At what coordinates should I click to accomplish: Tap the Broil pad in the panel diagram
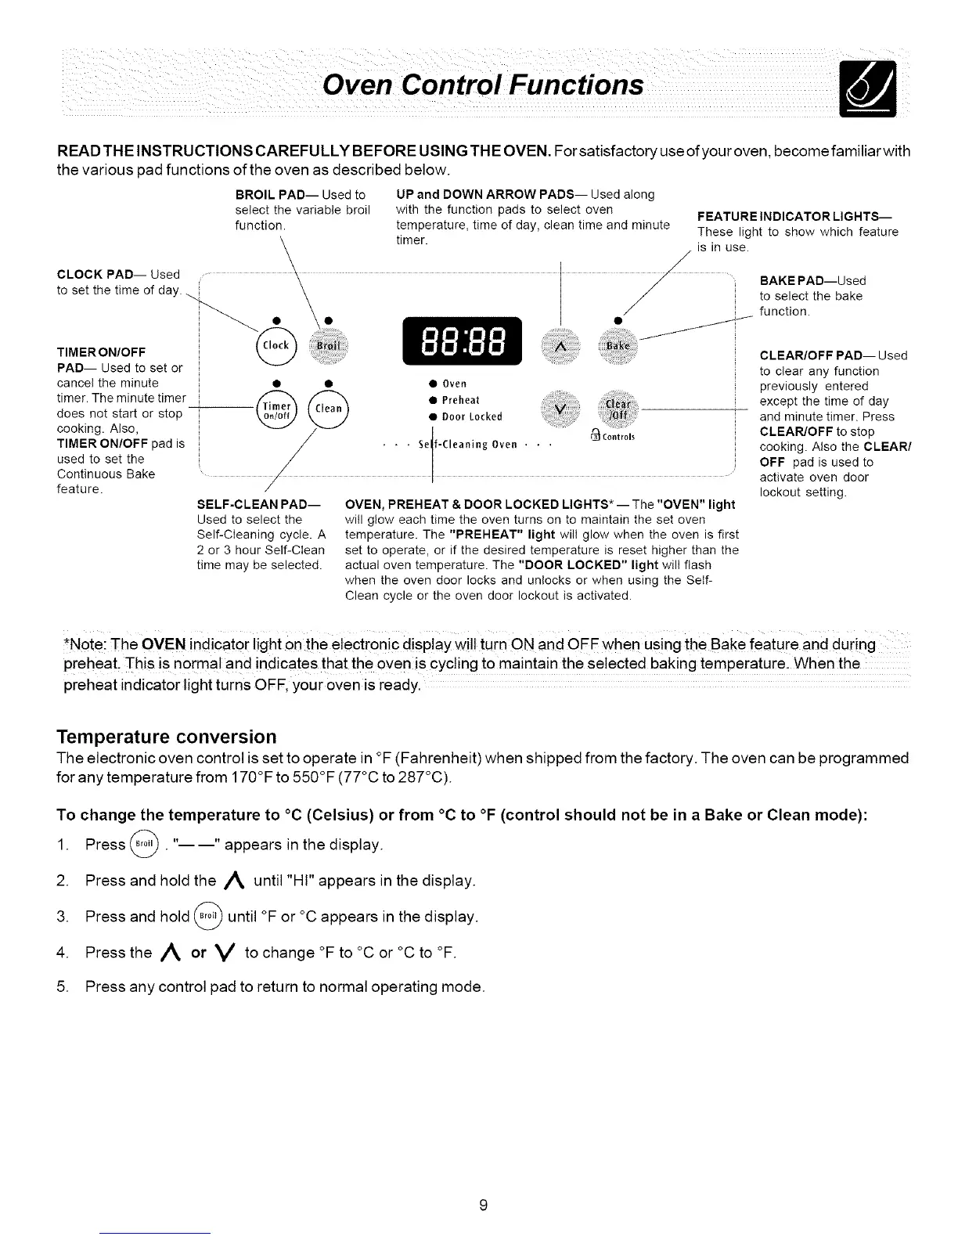[x=330, y=345]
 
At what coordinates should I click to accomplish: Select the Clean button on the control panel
[x=330, y=408]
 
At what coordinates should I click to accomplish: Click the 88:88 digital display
[x=461, y=342]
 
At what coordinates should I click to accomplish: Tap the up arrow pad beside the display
[x=560, y=346]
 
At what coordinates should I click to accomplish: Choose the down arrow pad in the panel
[x=560, y=409]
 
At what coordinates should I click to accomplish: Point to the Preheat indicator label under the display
[x=460, y=399]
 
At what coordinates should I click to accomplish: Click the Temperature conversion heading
[x=167, y=737]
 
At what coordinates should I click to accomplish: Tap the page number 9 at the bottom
[x=484, y=1206]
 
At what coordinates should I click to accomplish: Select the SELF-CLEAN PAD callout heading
[x=255, y=505]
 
